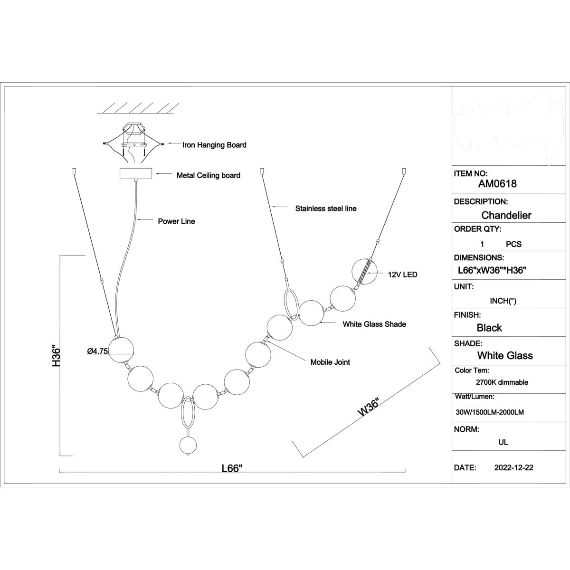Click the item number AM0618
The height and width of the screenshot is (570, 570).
(497, 184)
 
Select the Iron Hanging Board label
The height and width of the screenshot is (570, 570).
(214, 145)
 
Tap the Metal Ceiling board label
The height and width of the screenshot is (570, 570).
(208, 175)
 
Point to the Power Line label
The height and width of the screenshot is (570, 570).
(176, 221)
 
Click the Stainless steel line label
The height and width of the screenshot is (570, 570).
(326, 209)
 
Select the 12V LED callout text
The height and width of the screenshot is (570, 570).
(403, 275)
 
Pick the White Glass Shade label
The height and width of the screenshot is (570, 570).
(374, 324)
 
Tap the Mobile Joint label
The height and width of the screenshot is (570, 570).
(330, 362)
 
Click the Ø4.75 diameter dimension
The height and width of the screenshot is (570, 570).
(98, 351)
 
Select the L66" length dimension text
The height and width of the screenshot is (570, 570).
(232, 468)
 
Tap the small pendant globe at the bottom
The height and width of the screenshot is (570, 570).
(188, 445)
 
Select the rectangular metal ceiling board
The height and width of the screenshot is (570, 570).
(136, 174)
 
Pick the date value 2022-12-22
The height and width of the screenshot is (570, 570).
(514, 468)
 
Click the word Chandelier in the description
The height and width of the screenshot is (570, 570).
(506, 215)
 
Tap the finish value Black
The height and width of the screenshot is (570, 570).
(489, 328)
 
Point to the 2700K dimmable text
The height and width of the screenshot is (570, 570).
(502, 382)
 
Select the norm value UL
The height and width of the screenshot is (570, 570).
(503, 442)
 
